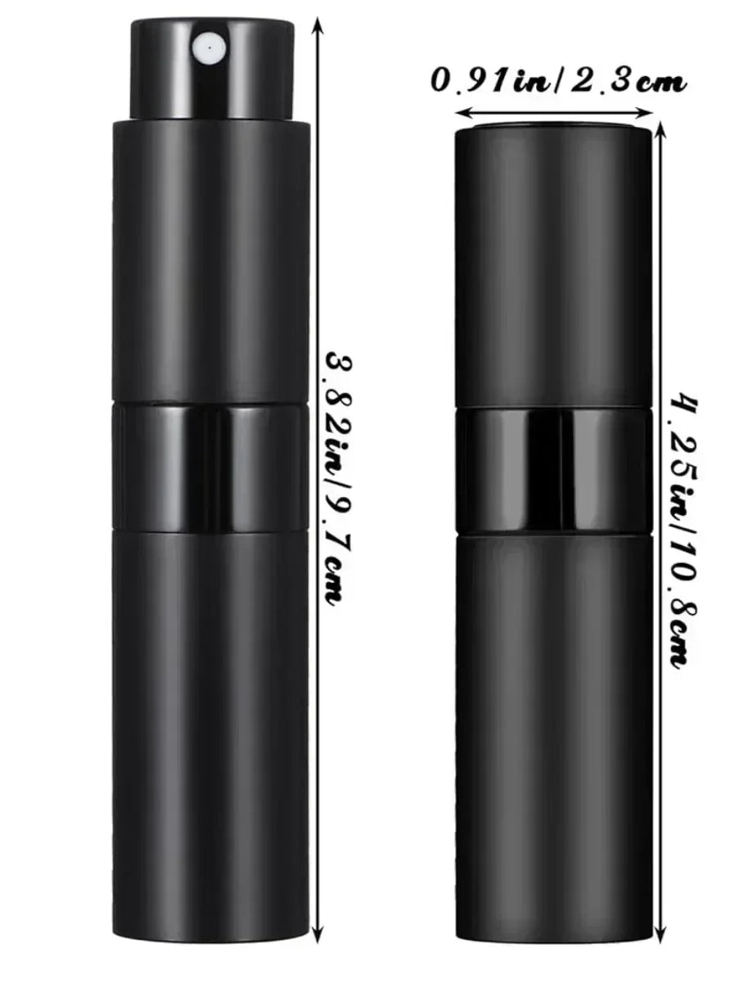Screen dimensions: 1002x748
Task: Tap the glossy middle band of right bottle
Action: coord(554,471)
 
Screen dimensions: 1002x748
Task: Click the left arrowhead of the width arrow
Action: coord(461,113)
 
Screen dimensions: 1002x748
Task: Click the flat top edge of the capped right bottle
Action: coord(554,129)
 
